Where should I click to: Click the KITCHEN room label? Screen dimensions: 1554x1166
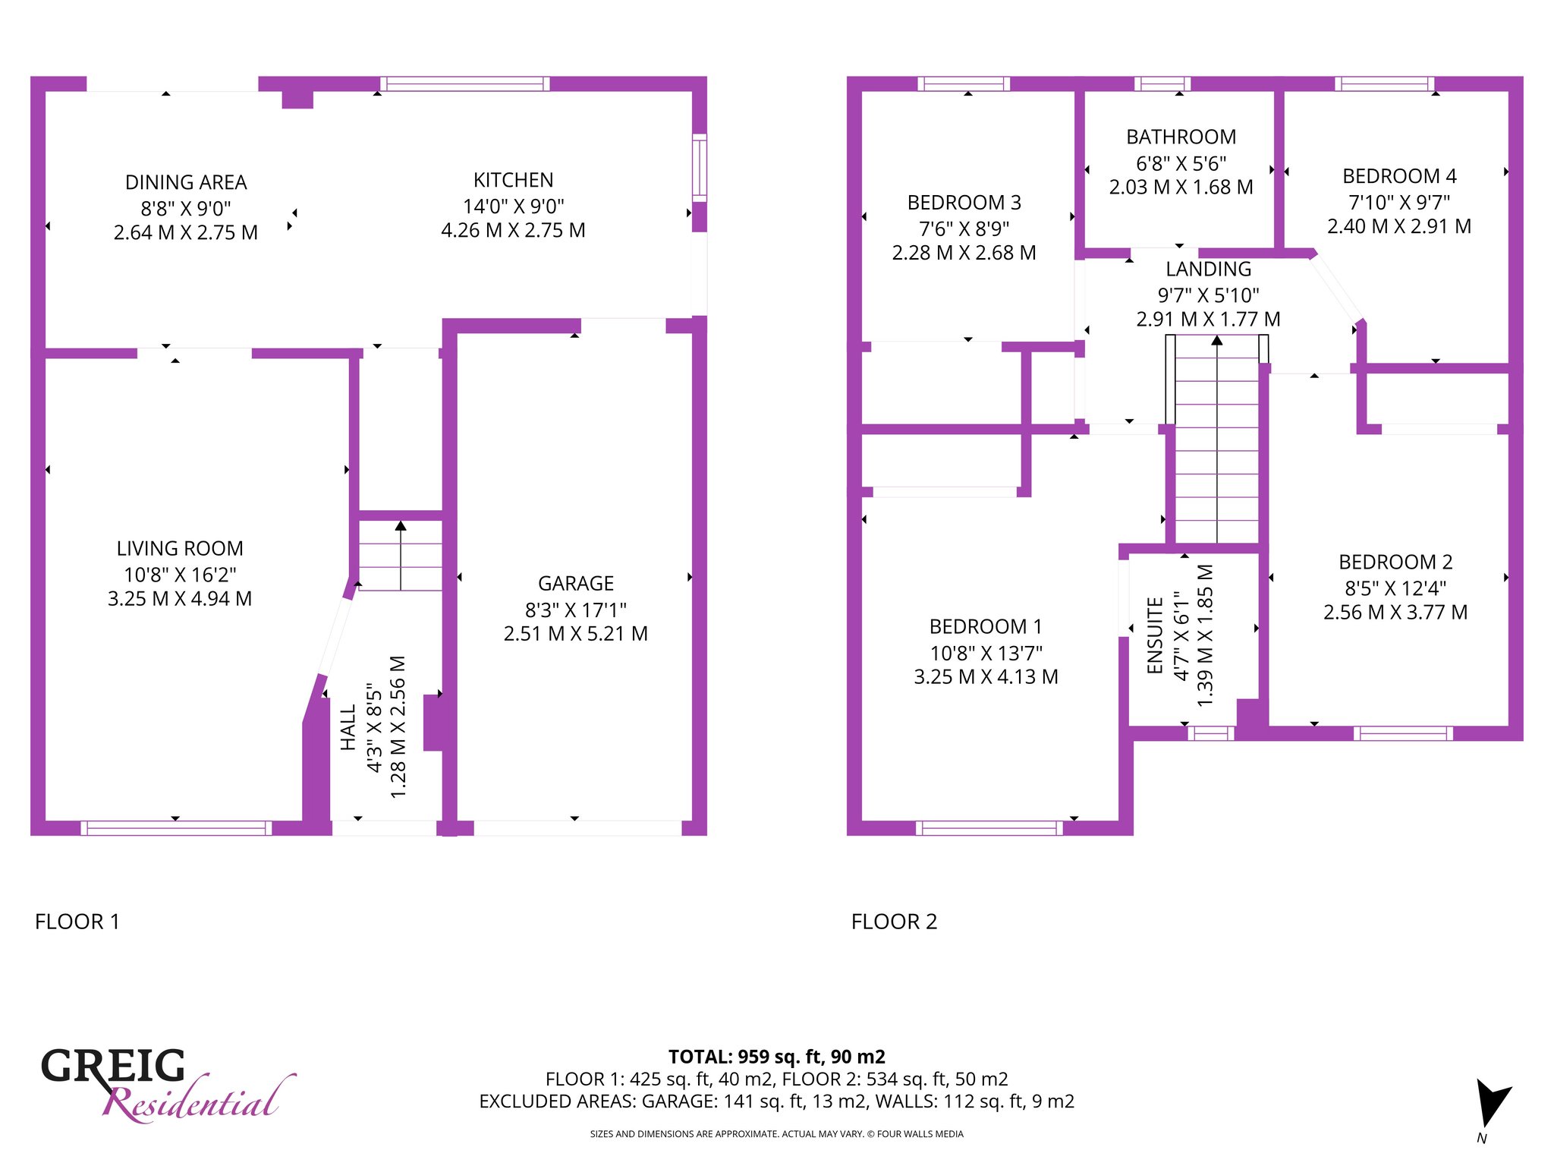pos(513,181)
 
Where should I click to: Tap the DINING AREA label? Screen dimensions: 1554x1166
pos(186,183)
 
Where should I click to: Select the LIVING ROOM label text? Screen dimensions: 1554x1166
pos(180,549)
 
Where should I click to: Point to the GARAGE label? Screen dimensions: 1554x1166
pos(576,584)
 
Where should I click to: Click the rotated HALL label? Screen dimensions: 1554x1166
pos(348,728)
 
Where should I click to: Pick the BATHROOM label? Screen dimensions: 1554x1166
pos(1181,137)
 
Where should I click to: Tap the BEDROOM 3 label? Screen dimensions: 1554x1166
pos(964,203)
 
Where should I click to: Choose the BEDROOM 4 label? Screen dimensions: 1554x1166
pos(1399,177)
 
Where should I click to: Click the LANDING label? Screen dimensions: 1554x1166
pos(1209,269)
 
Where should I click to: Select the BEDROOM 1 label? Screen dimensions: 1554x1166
pos(986,627)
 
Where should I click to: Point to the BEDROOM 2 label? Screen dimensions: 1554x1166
pos(1395,563)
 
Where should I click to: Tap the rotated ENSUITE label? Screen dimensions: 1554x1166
pos(1155,635)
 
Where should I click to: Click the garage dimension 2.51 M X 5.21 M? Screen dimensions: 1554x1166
pos(576,634)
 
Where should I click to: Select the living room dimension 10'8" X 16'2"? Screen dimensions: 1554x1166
pos(180,575)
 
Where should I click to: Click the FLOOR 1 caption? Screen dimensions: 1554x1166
pos(77,922)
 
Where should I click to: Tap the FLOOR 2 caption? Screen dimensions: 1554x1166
pos(895,922)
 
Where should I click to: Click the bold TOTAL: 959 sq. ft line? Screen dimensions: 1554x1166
pos(777,1057)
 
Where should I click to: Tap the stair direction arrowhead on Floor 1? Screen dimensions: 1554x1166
pos(401,525)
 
